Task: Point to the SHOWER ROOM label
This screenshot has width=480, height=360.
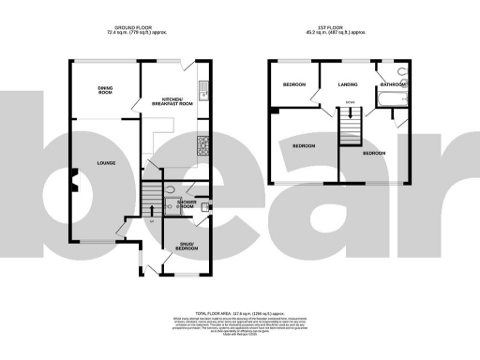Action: (x=186, y=204)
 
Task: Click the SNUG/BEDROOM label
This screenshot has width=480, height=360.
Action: (x=186, y=247)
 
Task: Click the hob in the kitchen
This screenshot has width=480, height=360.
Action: (x=201, y=144)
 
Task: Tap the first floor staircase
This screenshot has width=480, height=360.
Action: (x=350, y=123)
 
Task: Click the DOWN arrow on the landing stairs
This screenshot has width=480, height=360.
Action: (x=350, y=102)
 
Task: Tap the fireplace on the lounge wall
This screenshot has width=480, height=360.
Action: (x=71, y=180)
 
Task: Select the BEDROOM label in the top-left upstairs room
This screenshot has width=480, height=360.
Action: (x=295, y=84)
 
